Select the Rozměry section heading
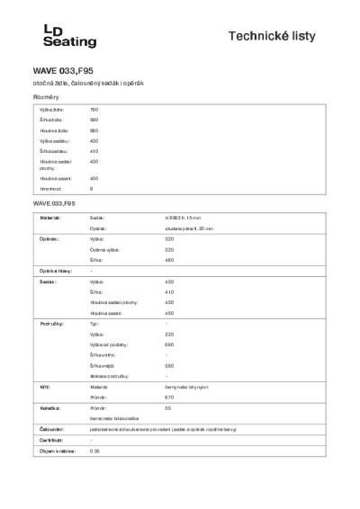(47, 95)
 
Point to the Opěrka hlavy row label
(55, 271)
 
